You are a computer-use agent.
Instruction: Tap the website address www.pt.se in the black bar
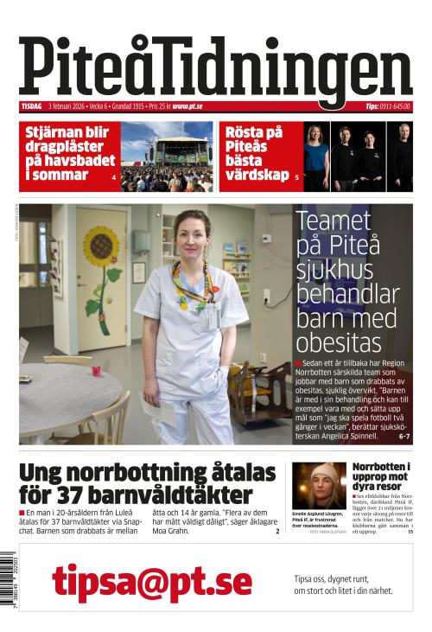[x=187, y=106]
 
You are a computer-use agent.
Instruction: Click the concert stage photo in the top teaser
[x=167, y=156]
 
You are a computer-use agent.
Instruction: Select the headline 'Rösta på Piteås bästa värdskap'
[x=255, y=153]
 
